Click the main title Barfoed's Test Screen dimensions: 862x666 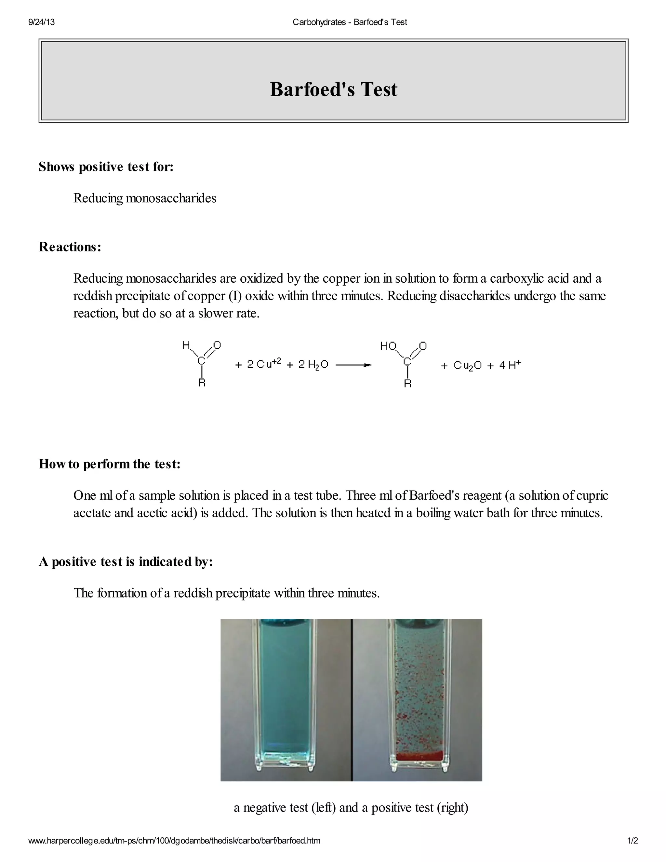[333, 89]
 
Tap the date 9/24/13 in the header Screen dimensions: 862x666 [41, 22]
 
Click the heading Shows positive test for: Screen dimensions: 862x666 [106, 167]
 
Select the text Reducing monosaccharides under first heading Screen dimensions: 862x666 [145, 198]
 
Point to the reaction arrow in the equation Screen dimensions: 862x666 [353, 365]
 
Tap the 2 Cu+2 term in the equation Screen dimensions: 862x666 [264, 364]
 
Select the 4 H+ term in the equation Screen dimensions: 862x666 [510, 365]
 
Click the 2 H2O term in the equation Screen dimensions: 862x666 [313, 365]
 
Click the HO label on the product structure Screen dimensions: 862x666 [388, 346]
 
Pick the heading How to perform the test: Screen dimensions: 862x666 [110, 464]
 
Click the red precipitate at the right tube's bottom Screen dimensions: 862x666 [419, 756]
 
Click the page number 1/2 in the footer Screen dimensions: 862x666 [633, 841]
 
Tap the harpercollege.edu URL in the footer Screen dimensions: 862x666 [174, 841]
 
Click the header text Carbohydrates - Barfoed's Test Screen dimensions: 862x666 [350, 22]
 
